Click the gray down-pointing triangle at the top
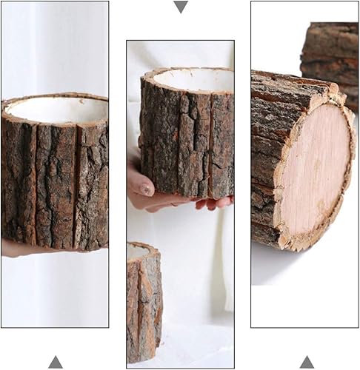pos(180,7)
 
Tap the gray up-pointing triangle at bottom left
pos(56,362)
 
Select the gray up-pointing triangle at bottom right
pos(307,362)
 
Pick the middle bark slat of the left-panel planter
pos(56,185)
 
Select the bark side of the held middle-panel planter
pos(178,141)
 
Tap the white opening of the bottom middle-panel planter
pos(137,251)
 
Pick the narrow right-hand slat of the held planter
pos(221,144)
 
